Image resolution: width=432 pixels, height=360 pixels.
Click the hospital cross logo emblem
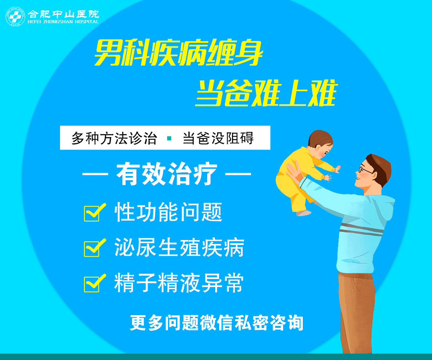point(15,17)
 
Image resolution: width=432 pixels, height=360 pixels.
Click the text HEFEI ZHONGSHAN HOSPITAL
point(63,22)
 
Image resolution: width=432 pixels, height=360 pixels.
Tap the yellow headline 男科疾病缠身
point(178,53)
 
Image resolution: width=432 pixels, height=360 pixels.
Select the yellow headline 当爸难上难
point(266,93)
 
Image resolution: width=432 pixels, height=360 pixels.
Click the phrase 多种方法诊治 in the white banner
point(114,138)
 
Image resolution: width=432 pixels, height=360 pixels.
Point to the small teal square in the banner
point(170,138)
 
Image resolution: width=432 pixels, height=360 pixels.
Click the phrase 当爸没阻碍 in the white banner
point(218,138)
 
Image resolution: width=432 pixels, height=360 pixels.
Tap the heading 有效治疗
point(167,174)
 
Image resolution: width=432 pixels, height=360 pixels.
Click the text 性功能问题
point(168,212)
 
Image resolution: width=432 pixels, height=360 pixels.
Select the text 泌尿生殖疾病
point(179,247)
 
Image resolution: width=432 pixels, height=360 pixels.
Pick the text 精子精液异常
point(179,283)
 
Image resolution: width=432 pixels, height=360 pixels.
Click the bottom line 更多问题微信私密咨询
point(217,322)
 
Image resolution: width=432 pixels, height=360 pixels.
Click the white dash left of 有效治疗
point(95,174)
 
